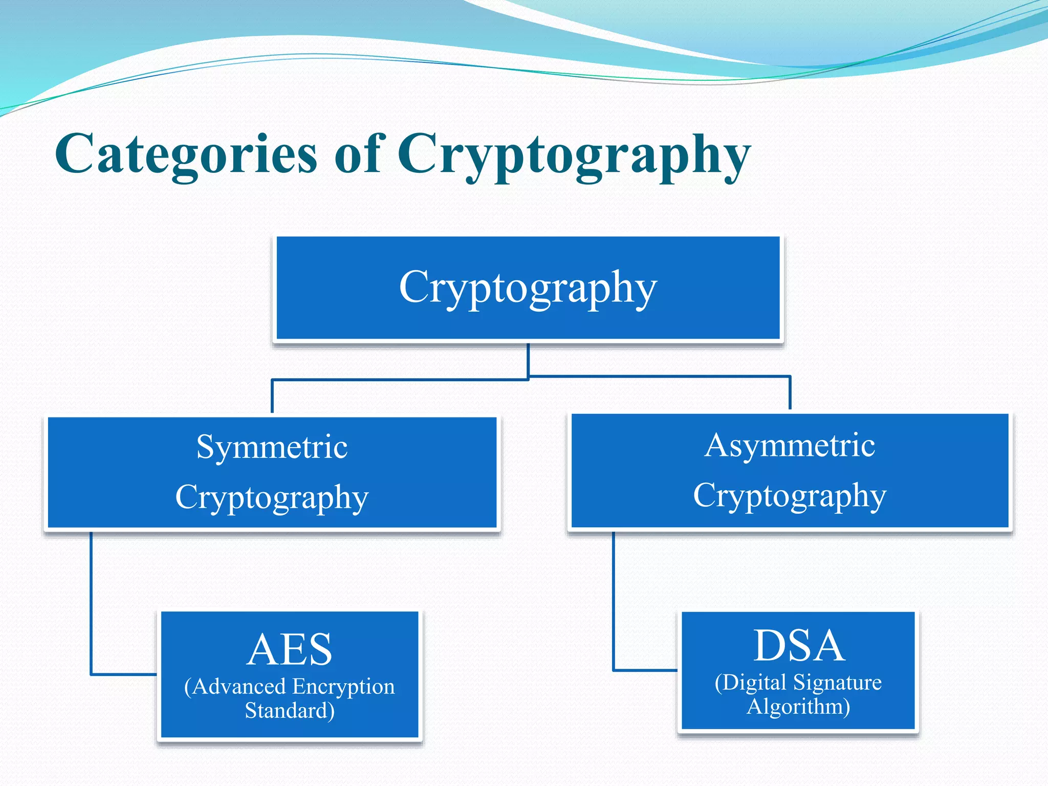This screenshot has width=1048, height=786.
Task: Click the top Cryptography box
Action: (x=528, y=288)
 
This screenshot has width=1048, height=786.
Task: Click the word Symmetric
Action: (x=272, y=447)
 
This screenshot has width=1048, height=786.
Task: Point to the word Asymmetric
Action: (x=790, y=445)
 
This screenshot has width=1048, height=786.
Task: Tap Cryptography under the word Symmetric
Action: (x=272, y=497)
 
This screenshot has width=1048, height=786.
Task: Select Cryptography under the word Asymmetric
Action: (x=790, y=496)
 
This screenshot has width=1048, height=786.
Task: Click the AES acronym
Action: (x=290, y=649)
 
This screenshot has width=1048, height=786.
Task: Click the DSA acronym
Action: (x=798, y=646)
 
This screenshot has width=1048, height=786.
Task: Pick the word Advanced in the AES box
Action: (x=238, y=687)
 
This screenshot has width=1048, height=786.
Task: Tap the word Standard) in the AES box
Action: (x=290, y=711)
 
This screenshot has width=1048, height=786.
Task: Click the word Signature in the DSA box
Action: (x=837, y=683)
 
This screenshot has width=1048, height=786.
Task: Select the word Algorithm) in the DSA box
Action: (x=798, y=707)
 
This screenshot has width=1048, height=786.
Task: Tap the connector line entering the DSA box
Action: (x=645, y=670)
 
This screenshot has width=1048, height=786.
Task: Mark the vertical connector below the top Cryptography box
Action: (x=528, y=360)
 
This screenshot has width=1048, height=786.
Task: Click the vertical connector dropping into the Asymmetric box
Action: (x=790, y=393)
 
